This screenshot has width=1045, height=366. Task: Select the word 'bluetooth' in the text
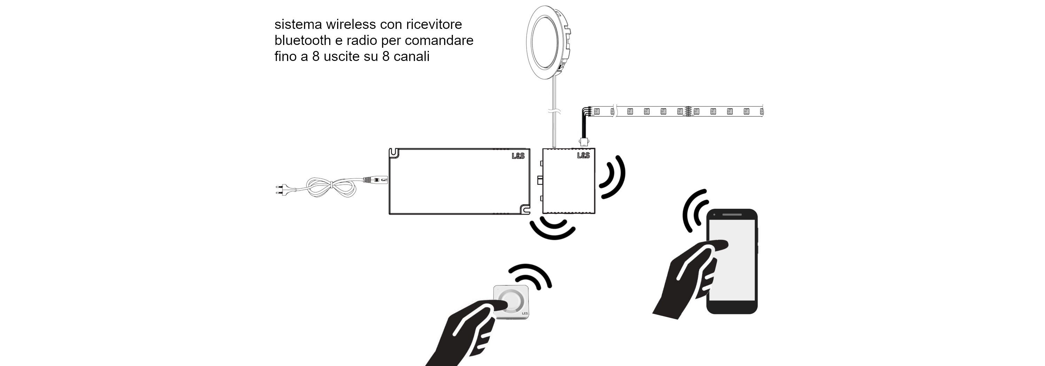[x=303, y=40]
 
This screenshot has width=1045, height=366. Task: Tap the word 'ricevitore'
[x=434, y=24]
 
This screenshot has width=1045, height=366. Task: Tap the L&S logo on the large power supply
[x=518, y=156]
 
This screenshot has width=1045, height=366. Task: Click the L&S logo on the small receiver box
[x=583, y=155]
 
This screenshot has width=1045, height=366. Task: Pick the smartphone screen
[x=732, y=260]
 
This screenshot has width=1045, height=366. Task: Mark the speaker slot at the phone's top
[x=732, y=215]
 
